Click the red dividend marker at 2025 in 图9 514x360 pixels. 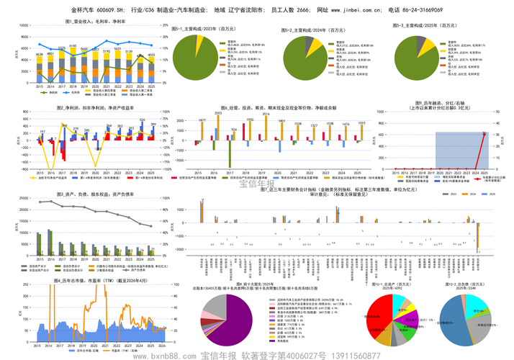coord(484,133)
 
